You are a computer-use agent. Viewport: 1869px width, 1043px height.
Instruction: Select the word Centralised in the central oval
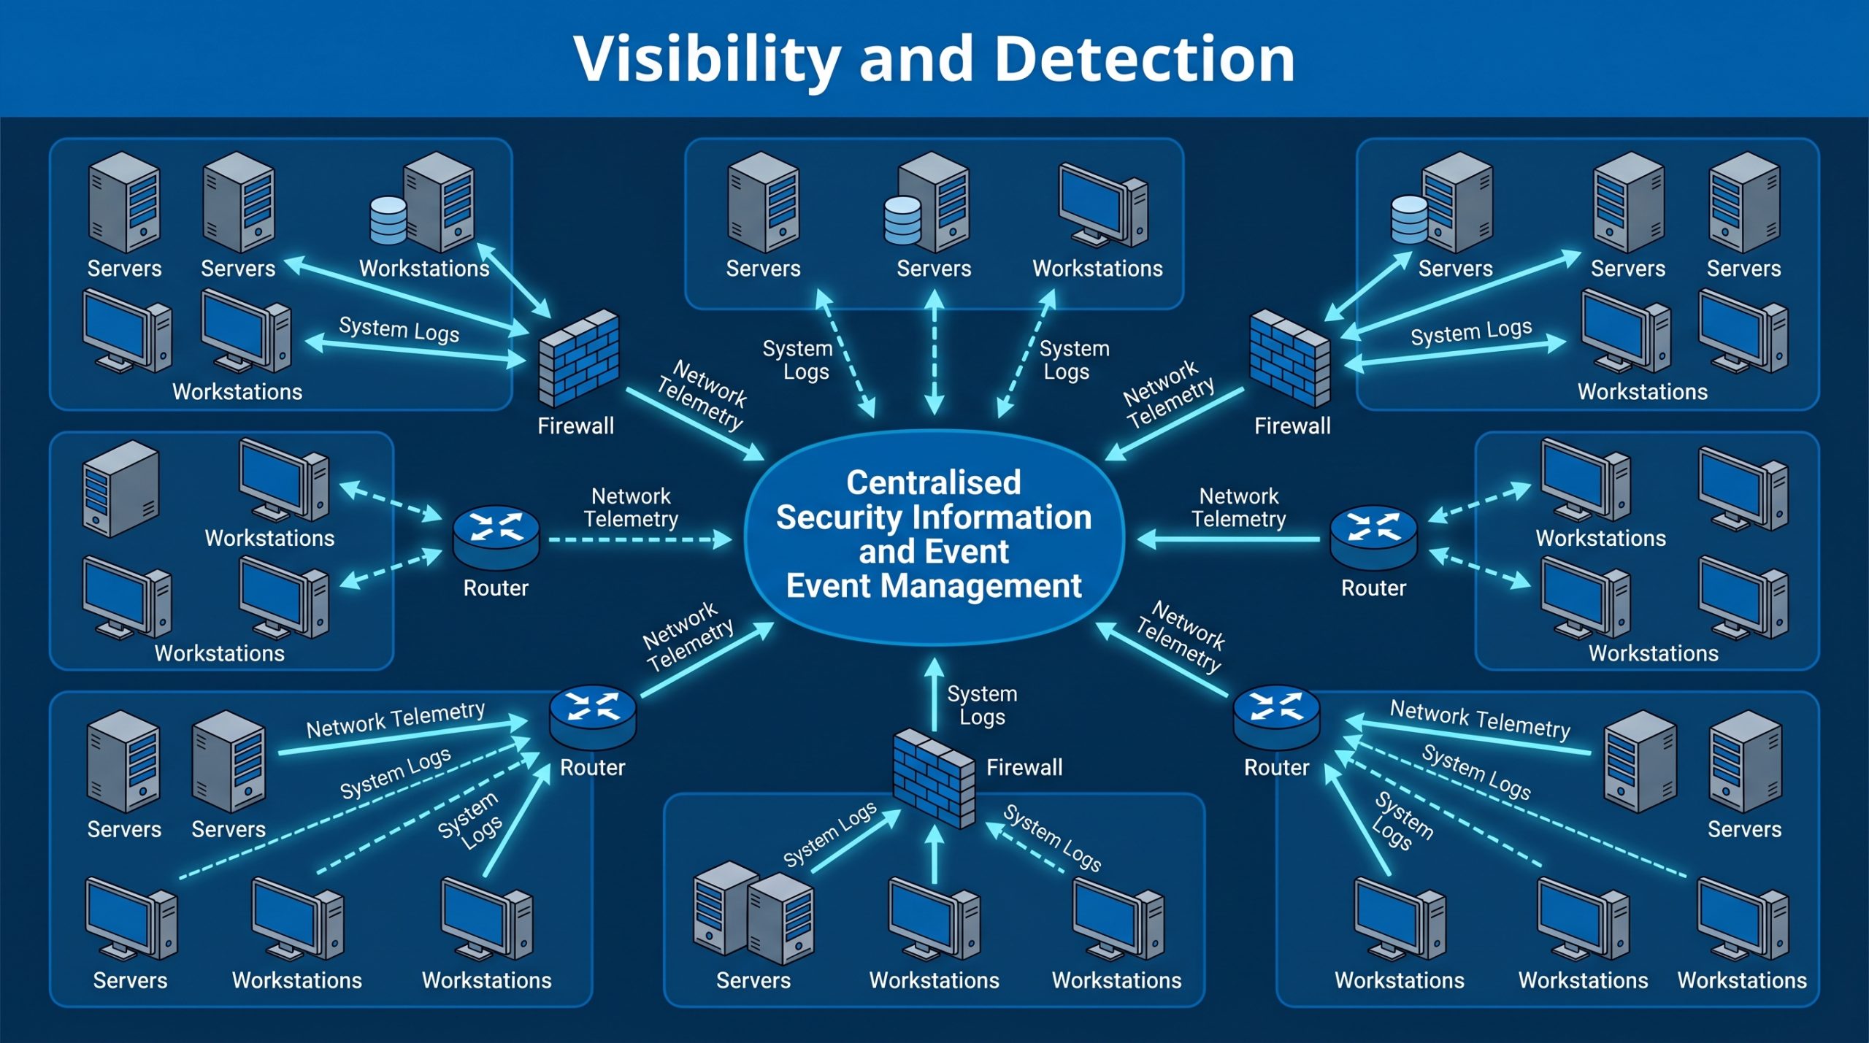coord(933,482)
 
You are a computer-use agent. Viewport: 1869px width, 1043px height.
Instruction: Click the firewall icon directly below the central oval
coord(934,778)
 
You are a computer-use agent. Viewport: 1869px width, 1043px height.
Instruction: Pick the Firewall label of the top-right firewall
coord(1292,426)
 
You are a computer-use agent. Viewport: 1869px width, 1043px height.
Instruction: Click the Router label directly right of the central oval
coord(1373,588)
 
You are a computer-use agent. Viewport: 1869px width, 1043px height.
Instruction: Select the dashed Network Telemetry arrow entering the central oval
coord(639,540)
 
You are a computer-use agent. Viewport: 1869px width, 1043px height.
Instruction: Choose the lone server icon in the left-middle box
coord(120,488)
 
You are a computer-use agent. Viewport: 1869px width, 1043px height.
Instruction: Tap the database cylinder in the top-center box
coord(902,220)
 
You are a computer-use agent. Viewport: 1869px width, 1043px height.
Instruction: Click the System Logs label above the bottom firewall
coord(982,705)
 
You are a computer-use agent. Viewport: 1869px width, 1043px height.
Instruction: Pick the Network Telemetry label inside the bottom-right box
coord(1480,719)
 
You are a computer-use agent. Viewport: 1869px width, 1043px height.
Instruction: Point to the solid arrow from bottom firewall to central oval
coord(934,693)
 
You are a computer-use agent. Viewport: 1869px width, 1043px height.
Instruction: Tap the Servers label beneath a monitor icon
coord(130,980)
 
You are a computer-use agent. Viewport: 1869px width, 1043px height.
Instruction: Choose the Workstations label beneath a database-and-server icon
coord(424,269)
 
